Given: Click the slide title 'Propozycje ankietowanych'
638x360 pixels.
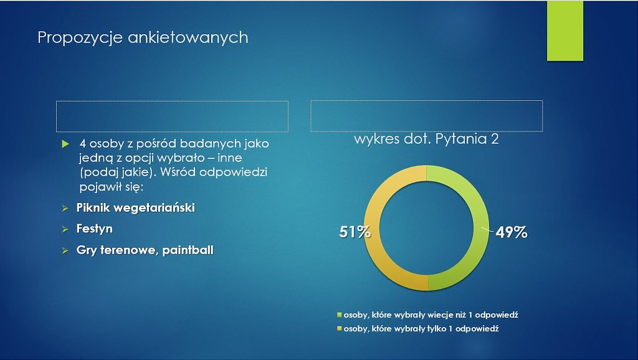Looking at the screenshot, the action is pyautogui.click(x=143, y=37).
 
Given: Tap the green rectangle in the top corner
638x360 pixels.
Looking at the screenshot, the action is pyautogui.click(x=564, y=31).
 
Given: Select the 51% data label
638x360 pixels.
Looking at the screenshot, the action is pyautogui.click(x=355, y=232).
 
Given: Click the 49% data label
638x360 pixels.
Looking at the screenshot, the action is pyautogui.click(x=512, y=232).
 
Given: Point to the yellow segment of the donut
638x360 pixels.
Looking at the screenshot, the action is pyautogui.click(x=371, y=228).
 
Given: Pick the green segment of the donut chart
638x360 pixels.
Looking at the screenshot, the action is pyautogui.click(x=482, y=228).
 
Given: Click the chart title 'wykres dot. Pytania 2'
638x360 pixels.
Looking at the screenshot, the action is pyautogui.click(x=426, y=139).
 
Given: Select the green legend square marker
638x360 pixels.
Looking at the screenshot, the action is pyautogui.click(x=340, y=315).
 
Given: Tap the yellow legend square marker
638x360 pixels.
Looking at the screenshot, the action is pyautogui.click(x=340, y=328).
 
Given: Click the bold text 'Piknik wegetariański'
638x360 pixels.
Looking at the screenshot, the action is pyautogui.click(x=135, y=208).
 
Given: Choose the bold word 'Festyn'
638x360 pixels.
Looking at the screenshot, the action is pyautogui.click(x=95, y=229).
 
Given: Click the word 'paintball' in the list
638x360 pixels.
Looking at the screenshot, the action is pyautogui.click(x=188, y=250).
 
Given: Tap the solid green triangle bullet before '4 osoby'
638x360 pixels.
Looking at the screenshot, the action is pyautogui.click(x=65, y=144).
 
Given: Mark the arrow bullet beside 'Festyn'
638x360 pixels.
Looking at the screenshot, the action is pyautogui.click(x=65, y=230).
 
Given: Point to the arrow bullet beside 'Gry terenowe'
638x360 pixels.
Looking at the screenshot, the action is pyautogui.click(x=65, y=251).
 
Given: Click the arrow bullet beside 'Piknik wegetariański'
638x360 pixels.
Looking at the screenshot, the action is pyautogui.click(x=65, y=209).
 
